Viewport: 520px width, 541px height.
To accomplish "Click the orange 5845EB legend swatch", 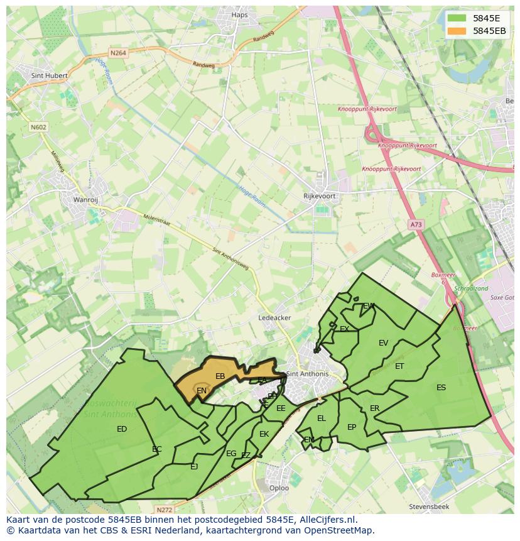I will click(458, 31).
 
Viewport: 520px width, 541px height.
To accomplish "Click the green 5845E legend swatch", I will click(458, 18).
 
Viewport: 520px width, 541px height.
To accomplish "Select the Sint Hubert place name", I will click(49, 75).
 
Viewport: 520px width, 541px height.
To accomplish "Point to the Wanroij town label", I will click(85, 200).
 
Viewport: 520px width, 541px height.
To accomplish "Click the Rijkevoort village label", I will click(319, 196).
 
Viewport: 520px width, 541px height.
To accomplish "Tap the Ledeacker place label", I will click(274, 318).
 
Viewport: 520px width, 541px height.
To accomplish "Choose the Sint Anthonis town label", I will click(307, 374).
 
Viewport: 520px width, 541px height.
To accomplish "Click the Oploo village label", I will click(279, 488).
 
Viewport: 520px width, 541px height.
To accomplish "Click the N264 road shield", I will click(117, 53).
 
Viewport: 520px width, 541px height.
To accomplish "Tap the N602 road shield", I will click(38, 127).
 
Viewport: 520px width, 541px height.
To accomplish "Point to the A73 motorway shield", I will click(415, 224).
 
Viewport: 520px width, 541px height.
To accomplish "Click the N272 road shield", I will click(165, 510).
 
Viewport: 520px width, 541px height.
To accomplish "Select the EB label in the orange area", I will click(220, 376).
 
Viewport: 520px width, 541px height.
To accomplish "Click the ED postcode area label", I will click(122, 429).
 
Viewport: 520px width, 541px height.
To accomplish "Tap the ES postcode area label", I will click(441, 388).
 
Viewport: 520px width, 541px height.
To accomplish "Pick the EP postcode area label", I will click(352, 427).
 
